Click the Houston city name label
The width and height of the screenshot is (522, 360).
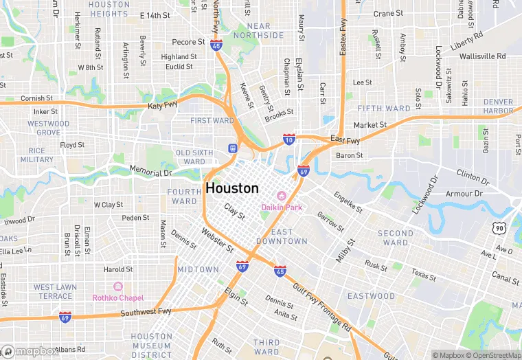click(x=232, y=188)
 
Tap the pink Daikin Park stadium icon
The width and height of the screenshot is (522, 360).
click(x=280, y=196)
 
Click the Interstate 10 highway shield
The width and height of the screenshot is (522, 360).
click(x=289, y=139)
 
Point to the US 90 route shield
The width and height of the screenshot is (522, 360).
click(x=499, y=227)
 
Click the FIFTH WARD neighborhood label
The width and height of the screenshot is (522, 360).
click(x=384, y=109)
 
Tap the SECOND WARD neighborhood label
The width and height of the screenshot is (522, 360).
click(x=396, y=238)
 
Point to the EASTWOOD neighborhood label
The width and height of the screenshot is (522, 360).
click(x=371, y=296)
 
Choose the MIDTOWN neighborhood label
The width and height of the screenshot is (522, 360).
click(x=198, y=269)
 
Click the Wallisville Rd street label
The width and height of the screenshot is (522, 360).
click(x=482, y=56)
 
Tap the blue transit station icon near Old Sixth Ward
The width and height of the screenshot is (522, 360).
click(x=233, y=149)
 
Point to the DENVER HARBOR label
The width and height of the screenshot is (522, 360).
click(x=498, y=106)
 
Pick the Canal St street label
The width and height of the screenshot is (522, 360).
click(x=505, y=280)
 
